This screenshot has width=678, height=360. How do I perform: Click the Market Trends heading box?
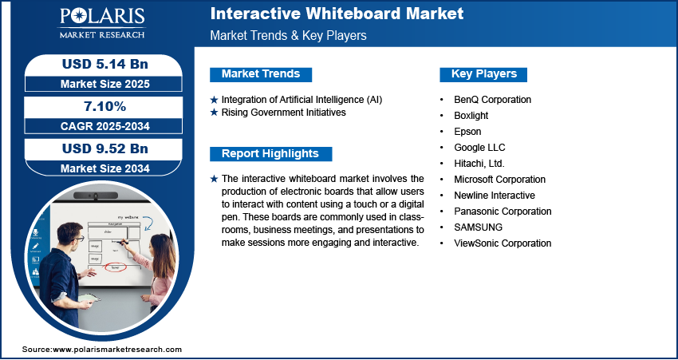pyautogui.click(x=261, y=74)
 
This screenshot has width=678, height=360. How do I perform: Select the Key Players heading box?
pyautogui.click(x=483, y=74)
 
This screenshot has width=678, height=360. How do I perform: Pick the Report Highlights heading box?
pyautogui.click(x=270, y=153)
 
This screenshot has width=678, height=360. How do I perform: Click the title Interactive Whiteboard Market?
pyautogui.click(x=336, y=14)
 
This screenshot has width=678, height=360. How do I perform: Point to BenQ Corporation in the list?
pyautogui.click(x=492, y=100)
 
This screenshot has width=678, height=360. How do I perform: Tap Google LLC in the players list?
pyautogui.click(x=479, y=148)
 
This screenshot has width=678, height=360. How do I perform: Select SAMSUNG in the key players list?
pyautogui.click(x=479, y=227)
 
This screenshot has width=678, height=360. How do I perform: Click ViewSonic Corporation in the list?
pyautogui.click(x=503, y=243)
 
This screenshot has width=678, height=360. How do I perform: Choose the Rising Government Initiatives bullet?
pyautogui.click(x=283, y=113)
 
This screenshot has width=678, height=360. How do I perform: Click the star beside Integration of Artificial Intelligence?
pyautogui.click(x=214, y=100)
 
